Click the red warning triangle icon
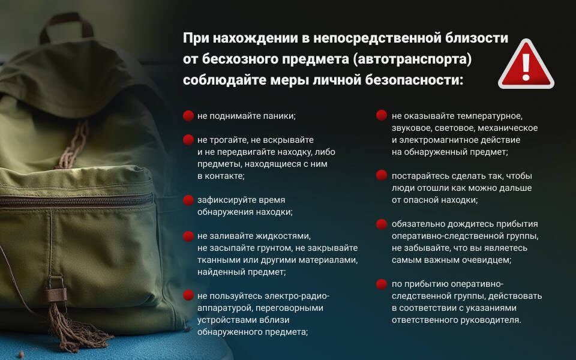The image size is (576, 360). pyautogui.click(x=526, y=64)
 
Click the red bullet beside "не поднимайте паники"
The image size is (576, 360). pyautogui.click(x=188, y=115)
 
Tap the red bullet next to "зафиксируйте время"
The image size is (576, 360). pyautogui.click(x=188, y=200)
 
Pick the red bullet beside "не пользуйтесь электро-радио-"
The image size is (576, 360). pyautogui.click(x=188, y=295)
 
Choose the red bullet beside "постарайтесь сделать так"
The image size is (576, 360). pyautogui.click(x=382, y=176)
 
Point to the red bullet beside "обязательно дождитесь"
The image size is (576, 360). pyautogui.click(x=382, y=224)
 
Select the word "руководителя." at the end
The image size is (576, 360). pyautogui.click(x=488, y=320)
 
